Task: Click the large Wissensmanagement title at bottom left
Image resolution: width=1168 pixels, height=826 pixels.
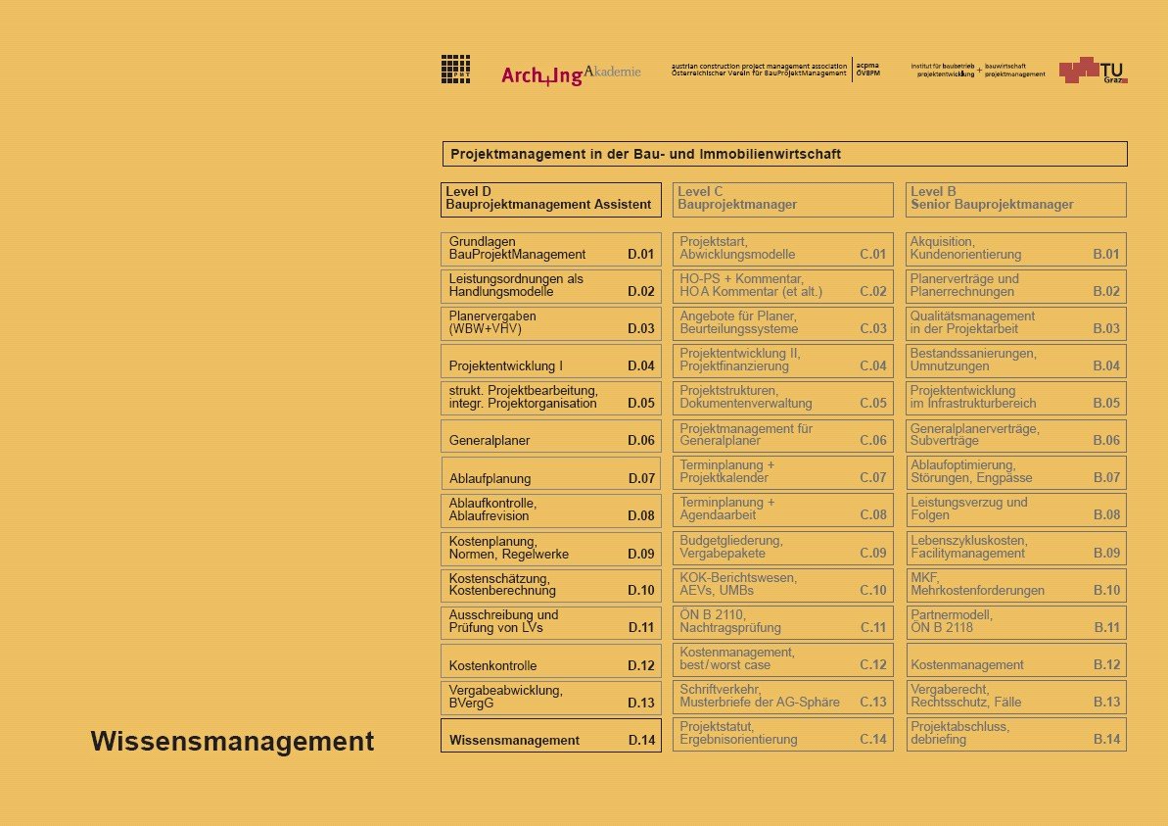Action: click(x=232, y=742)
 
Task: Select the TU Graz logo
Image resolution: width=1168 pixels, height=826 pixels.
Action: click(x=1093, y=70)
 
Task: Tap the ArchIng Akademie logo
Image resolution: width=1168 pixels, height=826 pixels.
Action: click(x=571, y=74)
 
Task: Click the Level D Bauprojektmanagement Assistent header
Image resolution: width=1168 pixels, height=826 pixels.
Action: click(x=551, y=199)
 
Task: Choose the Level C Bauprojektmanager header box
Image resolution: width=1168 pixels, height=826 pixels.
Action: click(x=783, y=199)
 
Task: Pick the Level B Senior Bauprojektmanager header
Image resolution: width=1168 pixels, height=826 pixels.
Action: click(x=1016, y=199)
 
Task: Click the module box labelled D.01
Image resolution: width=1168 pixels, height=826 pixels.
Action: click(x=551, y=249)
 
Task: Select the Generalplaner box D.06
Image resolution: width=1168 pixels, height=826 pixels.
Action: click(x=551, y=436)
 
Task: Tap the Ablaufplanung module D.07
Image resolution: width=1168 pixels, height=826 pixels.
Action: click(x=551, y=473)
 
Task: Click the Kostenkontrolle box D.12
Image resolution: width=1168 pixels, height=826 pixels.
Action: click(x=551, y=660)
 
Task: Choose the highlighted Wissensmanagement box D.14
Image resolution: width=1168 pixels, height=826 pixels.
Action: click(x=551, y=735)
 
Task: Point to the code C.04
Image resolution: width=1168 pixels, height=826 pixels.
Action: click(x=872, y=366)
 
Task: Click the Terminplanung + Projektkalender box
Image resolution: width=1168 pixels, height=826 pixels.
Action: click(x=783, y=472)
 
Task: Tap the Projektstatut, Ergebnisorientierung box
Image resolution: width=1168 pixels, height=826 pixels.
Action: click(x=783, y=734)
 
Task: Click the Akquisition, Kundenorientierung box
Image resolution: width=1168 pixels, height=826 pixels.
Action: click(x=1016, y=249)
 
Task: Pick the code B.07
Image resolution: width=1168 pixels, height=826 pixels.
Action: click(x=1106, y=478)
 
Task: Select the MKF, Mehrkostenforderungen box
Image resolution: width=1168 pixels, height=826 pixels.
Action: click(x=1016, y=585)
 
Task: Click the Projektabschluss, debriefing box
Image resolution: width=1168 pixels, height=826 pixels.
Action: click(x=1016, y=734)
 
